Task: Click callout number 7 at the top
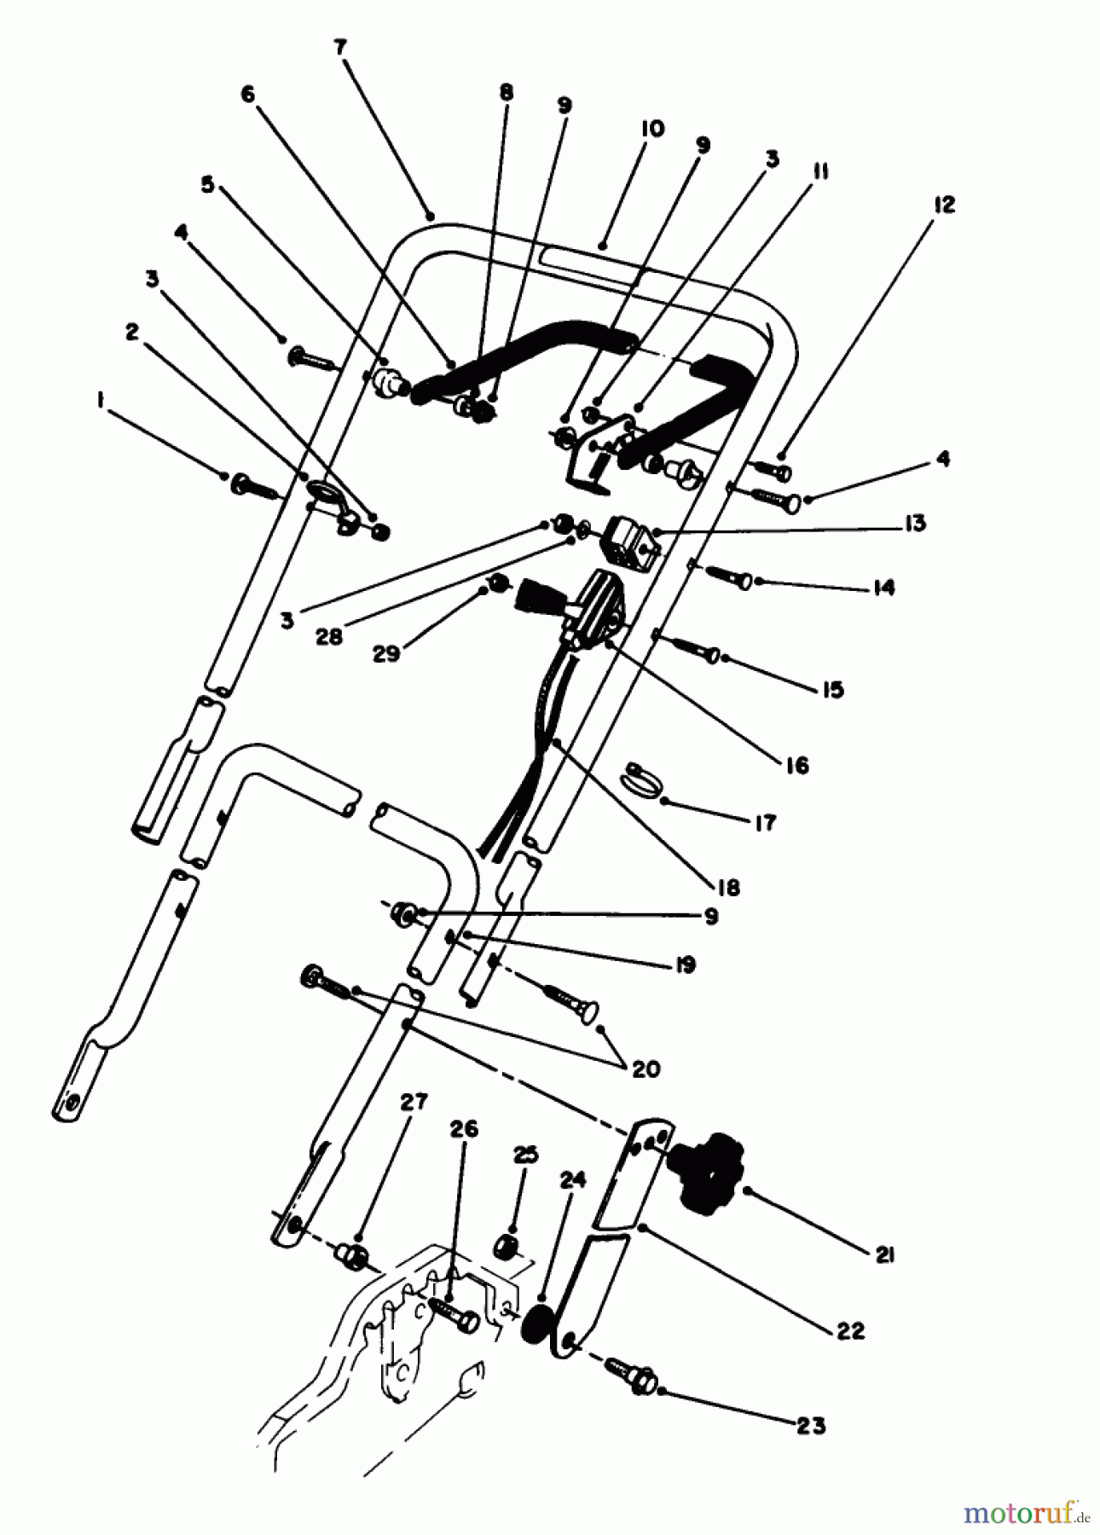coord(340,48)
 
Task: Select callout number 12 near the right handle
coord(944,205)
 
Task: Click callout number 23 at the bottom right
coord(811,1425)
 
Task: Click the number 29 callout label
coord(388,655)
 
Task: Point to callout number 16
coord(796,765)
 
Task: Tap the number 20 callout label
coord(646,1069)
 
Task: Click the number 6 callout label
coord(247,95)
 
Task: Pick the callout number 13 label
coord(915,523)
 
